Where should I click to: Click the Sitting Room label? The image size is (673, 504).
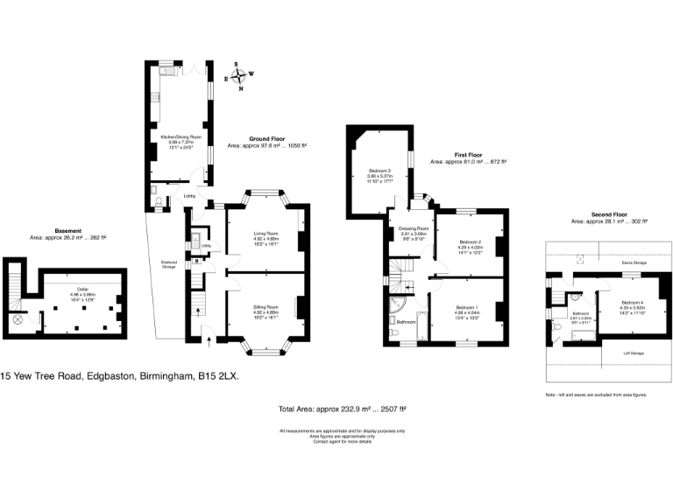[x=266, y=307]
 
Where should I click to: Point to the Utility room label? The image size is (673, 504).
[x=206, y=246]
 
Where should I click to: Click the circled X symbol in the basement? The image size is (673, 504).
[x=18, y=321]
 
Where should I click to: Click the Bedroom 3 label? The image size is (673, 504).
[x=379, y=170]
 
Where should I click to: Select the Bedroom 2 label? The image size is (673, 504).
[x=471, y=241]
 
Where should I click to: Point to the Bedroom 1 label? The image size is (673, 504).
[x=467, y=306]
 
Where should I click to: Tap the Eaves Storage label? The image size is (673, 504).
[x=634, y=262]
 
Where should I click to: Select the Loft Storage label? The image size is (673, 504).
[x=634, y=353]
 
